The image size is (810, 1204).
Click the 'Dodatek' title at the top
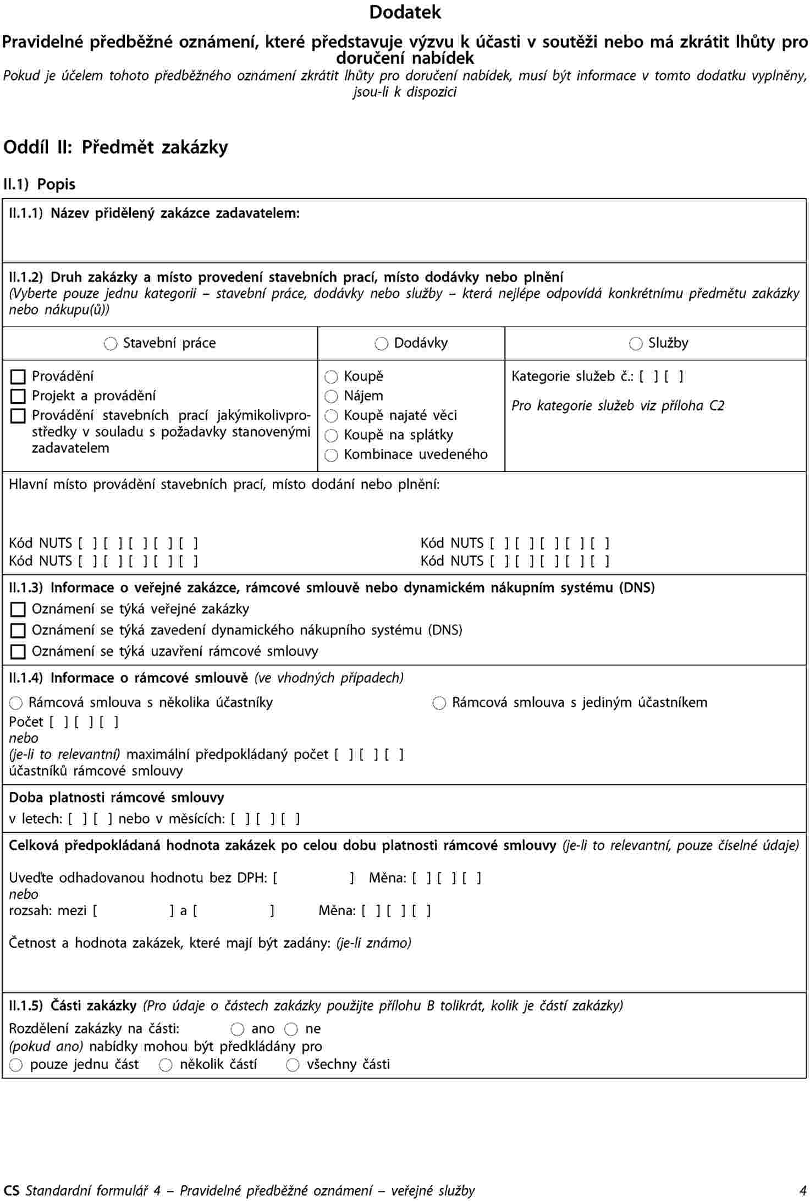(405, 12)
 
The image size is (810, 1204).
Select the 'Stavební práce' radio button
(111, 344)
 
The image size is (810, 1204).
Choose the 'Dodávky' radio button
(381, 344)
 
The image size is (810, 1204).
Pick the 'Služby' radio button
(636, 344)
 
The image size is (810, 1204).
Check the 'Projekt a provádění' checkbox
(18, 396)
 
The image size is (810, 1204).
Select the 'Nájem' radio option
(331, 397)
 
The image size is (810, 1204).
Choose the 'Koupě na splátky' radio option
(331, 436)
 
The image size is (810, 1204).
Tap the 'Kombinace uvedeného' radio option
(331, 455)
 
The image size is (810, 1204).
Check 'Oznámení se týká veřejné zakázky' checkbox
(18, 609)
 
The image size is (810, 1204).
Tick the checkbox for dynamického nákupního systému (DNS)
(18, 630)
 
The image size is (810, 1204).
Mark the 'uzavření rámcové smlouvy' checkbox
(18, 652)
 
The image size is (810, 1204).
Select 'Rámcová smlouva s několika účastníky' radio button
(16, 703)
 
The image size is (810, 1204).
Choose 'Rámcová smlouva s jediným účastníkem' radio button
(439, 703)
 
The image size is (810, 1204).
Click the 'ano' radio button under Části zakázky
(238, 1029)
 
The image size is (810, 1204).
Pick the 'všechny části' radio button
(293, 1065)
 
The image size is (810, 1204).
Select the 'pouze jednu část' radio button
(16, 1065)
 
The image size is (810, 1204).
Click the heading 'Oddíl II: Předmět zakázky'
(115, 147)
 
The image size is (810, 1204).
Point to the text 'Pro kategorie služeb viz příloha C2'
(618, 406)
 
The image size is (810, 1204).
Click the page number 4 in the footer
(803, 1191)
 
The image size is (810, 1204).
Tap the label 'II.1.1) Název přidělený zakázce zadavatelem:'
(155, 213)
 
